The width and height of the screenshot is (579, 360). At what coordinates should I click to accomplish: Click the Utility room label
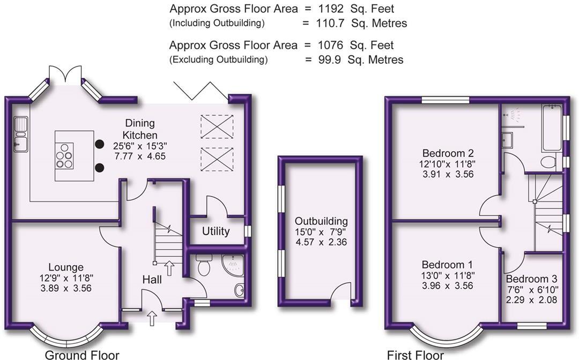pos(216,231)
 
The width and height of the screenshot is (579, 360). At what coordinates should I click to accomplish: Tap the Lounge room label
pos(66,267)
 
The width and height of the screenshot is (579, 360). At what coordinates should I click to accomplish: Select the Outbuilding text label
pos(321,221)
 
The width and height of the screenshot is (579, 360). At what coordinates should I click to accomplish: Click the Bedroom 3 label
pos(531,279)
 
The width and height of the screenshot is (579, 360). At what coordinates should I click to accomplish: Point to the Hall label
pos(152,280)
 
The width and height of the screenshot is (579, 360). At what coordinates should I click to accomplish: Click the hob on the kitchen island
pos(64,156)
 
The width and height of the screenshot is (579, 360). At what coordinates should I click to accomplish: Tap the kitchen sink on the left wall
pos(20,134)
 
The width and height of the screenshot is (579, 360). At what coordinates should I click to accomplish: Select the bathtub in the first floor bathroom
pos(551,128)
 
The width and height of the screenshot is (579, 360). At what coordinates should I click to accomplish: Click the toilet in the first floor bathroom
pos(549,162)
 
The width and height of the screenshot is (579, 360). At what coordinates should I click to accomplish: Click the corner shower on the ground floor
pos(233,265)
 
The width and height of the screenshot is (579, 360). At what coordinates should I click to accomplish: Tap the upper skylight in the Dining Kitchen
pos(217,127)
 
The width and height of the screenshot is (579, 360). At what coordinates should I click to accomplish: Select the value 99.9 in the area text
pos(329,60)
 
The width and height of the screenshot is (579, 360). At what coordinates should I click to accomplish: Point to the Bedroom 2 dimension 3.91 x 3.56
pos(448,174)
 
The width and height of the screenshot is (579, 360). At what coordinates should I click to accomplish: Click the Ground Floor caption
pos(82,355)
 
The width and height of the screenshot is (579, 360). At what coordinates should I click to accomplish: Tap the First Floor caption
pos(415,355)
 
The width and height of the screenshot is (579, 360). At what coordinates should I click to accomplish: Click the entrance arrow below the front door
pos(152,318)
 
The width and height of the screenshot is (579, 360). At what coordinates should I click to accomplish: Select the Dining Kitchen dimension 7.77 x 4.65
pos(140,156)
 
